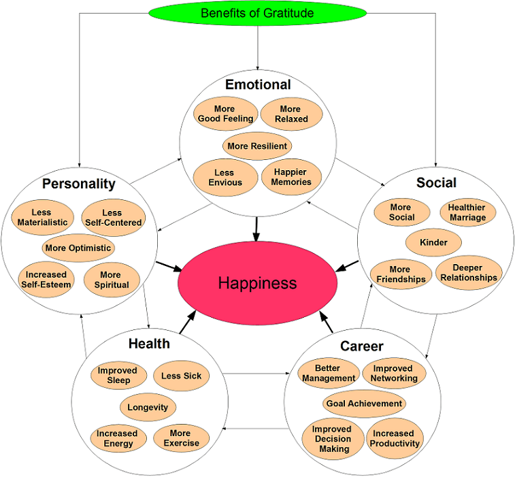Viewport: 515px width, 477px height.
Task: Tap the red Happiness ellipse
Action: point(257,282)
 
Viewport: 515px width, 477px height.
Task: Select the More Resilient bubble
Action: point(258,146)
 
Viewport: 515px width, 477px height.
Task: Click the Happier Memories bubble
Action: point(291,177)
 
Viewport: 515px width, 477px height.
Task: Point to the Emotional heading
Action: point(258,85)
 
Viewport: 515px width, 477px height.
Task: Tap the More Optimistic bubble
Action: point(78,248)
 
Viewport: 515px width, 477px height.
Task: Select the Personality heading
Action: point(78,184)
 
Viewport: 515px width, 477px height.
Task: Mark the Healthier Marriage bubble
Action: point(467,212)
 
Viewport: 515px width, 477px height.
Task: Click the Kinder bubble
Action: point(433,242)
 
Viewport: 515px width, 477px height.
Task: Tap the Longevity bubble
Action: point(148,407)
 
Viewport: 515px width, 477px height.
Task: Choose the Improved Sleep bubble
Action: point(117,376)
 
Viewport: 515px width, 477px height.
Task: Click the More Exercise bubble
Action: point(181,438)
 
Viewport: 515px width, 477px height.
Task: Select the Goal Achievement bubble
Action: point(364,404)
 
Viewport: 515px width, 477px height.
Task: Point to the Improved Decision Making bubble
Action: point(332,439)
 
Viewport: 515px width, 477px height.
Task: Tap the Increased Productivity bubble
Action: point(395,438)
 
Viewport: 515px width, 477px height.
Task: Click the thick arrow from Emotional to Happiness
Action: point(256,227)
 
